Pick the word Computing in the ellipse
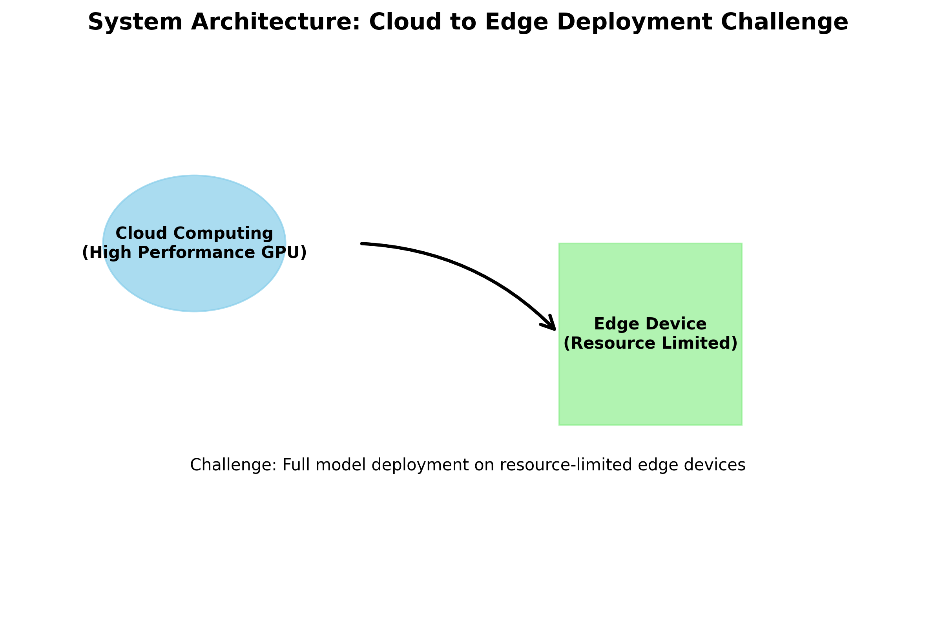coord(223,233)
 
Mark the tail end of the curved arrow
coord(362,244)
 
